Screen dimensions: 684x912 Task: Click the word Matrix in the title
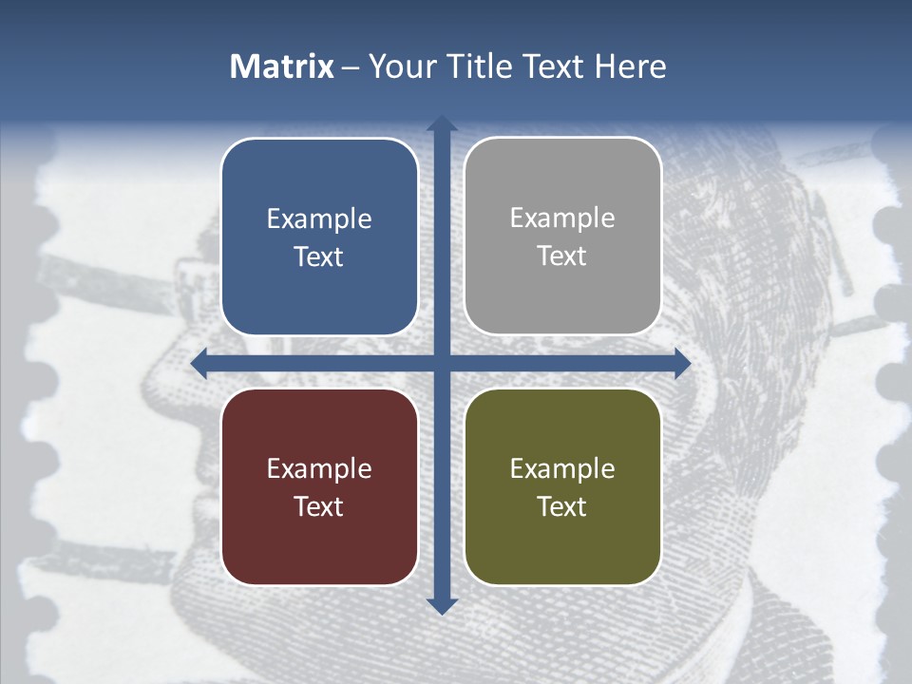pos(281,66)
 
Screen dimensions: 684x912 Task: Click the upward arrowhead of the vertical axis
pos(442,124)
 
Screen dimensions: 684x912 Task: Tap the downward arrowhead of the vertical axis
pos(442,605)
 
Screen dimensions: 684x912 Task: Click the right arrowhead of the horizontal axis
pos(682,364)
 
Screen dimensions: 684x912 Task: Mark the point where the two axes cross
pos(442,364)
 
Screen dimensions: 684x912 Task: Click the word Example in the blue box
pos(319,218)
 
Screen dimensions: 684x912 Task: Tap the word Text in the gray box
pos(562,256)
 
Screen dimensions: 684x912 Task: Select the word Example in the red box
pos(319,468)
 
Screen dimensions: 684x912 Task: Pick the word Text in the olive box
pos(562,506)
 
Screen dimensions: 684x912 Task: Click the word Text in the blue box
pos(319,256)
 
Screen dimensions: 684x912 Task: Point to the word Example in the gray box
pos(562,218)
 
